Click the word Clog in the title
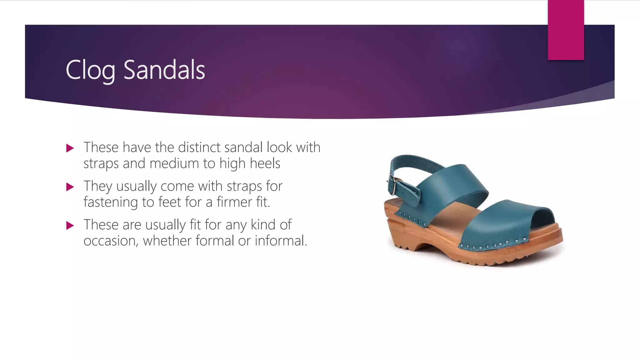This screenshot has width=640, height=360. click(90, 70)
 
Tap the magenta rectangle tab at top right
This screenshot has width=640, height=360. click(566, 30)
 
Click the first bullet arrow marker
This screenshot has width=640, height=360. click(70, 148)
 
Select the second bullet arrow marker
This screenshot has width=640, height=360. click(70, 187)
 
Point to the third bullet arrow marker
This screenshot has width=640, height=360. click(70, 225)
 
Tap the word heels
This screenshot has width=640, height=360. click(265, 163)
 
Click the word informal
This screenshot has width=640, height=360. click(281, 241)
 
